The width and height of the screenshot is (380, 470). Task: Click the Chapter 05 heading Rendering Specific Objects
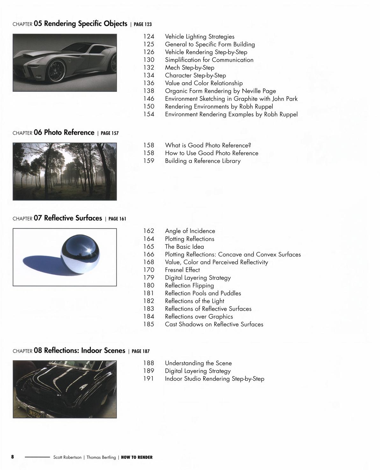(85, 24)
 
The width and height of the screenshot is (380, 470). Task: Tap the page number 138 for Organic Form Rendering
(149, 91)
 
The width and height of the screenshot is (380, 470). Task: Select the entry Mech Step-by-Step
(190, 68)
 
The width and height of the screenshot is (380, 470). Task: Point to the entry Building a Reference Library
(203, 161)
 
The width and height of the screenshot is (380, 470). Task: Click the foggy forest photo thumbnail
(65, 171)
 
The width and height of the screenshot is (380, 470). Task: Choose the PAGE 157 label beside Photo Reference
(110, 133)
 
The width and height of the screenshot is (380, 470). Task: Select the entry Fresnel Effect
(182, 270)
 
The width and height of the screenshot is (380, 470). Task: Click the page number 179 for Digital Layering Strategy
(149, 278)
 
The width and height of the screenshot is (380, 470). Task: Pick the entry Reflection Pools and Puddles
(203, 293)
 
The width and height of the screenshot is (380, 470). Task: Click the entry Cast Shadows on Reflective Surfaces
(214, 324)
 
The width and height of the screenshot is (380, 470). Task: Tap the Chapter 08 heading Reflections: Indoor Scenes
(84, 351)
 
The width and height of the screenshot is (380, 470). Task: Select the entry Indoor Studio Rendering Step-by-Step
(214, 379)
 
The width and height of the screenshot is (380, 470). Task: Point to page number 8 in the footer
(13, 457)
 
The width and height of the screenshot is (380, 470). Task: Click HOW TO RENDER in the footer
(137, 457)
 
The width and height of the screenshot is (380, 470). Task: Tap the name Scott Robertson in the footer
(67, 457)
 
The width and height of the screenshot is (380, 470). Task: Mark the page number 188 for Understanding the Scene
(149, 363)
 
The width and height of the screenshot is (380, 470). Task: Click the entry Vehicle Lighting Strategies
(199, 37)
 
